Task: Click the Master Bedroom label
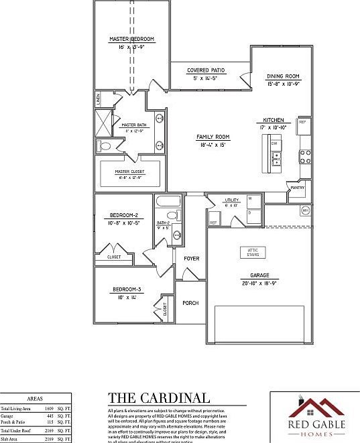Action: point(131,40)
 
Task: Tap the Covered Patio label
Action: point(206,70)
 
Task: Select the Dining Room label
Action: point(282,76)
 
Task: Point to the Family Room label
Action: point(213,137)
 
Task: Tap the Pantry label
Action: point(298,188)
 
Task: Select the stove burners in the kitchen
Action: point(305,157)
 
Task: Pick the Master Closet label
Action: point(129,171)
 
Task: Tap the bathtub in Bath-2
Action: point(167,202)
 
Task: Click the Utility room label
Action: point(232,200)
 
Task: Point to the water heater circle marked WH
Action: point(305,210)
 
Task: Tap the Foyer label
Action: point(191,258)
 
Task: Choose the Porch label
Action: point(190,303)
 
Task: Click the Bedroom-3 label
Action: point(126,290)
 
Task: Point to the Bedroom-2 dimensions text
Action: point(124,223)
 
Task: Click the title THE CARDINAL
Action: point(158,398)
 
